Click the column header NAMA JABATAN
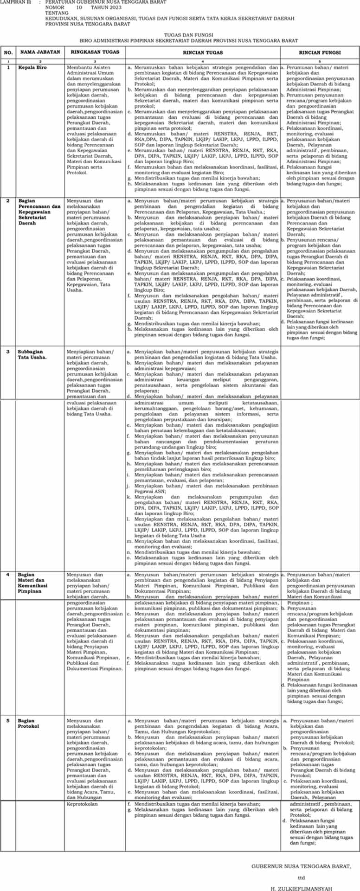[x=40, y=52]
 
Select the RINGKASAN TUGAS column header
[x=95, y=52]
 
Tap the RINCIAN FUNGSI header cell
[x=320, y=52]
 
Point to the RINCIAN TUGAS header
[x=203, y=52]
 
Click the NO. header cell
[x=8, y=53]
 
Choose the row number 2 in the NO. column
[x=7, y=201]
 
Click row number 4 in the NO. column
[x=7, y=575]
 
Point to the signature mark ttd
[x=302, y=878]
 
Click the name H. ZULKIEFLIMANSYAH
[x=302, y=888]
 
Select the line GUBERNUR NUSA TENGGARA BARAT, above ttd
[x=302, y=866]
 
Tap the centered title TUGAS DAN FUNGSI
[x=188, y=35]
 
